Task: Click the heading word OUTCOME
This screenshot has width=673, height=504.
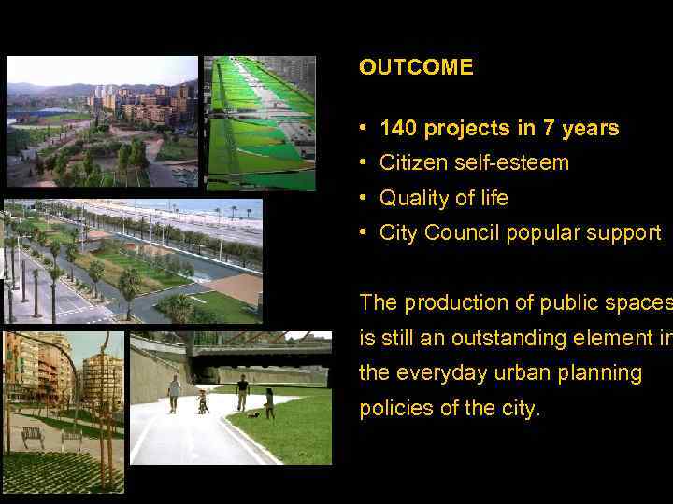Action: click(416, 68)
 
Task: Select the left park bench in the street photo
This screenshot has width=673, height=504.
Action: click(33, 437)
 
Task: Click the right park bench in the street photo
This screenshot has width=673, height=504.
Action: click(73, 437)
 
